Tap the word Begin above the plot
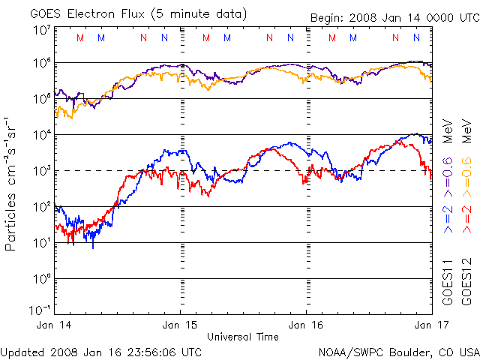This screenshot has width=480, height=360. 327,17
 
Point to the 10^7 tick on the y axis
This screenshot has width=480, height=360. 42,30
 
